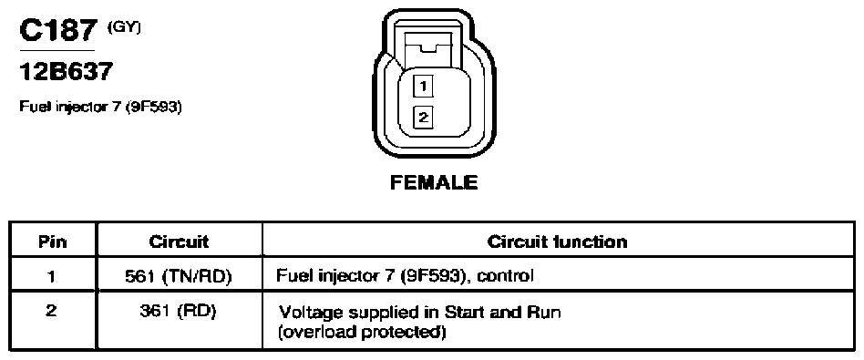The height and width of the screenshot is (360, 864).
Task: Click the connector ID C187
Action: point(59,30)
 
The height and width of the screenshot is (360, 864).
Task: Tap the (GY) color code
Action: point(124,27)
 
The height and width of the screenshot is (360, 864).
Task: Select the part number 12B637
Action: point(67,72)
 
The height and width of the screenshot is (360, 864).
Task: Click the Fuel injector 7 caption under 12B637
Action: point(100,107)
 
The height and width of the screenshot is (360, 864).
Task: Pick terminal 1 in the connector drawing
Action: point(423,87)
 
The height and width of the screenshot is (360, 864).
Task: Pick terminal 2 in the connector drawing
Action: point(423,118)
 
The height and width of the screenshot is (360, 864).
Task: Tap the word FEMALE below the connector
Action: point(434,182)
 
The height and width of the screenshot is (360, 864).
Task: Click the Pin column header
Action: point(53,242)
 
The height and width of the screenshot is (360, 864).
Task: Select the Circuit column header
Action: point(179,242)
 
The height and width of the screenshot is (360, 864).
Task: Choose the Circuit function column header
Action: point(557,242)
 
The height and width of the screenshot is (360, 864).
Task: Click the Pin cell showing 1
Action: point(52,275)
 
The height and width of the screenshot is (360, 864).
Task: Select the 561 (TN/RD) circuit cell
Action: point(179,276)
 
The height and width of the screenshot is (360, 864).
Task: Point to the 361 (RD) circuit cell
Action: point(179,312)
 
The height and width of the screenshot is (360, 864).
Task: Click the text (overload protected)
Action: point(362,333)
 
